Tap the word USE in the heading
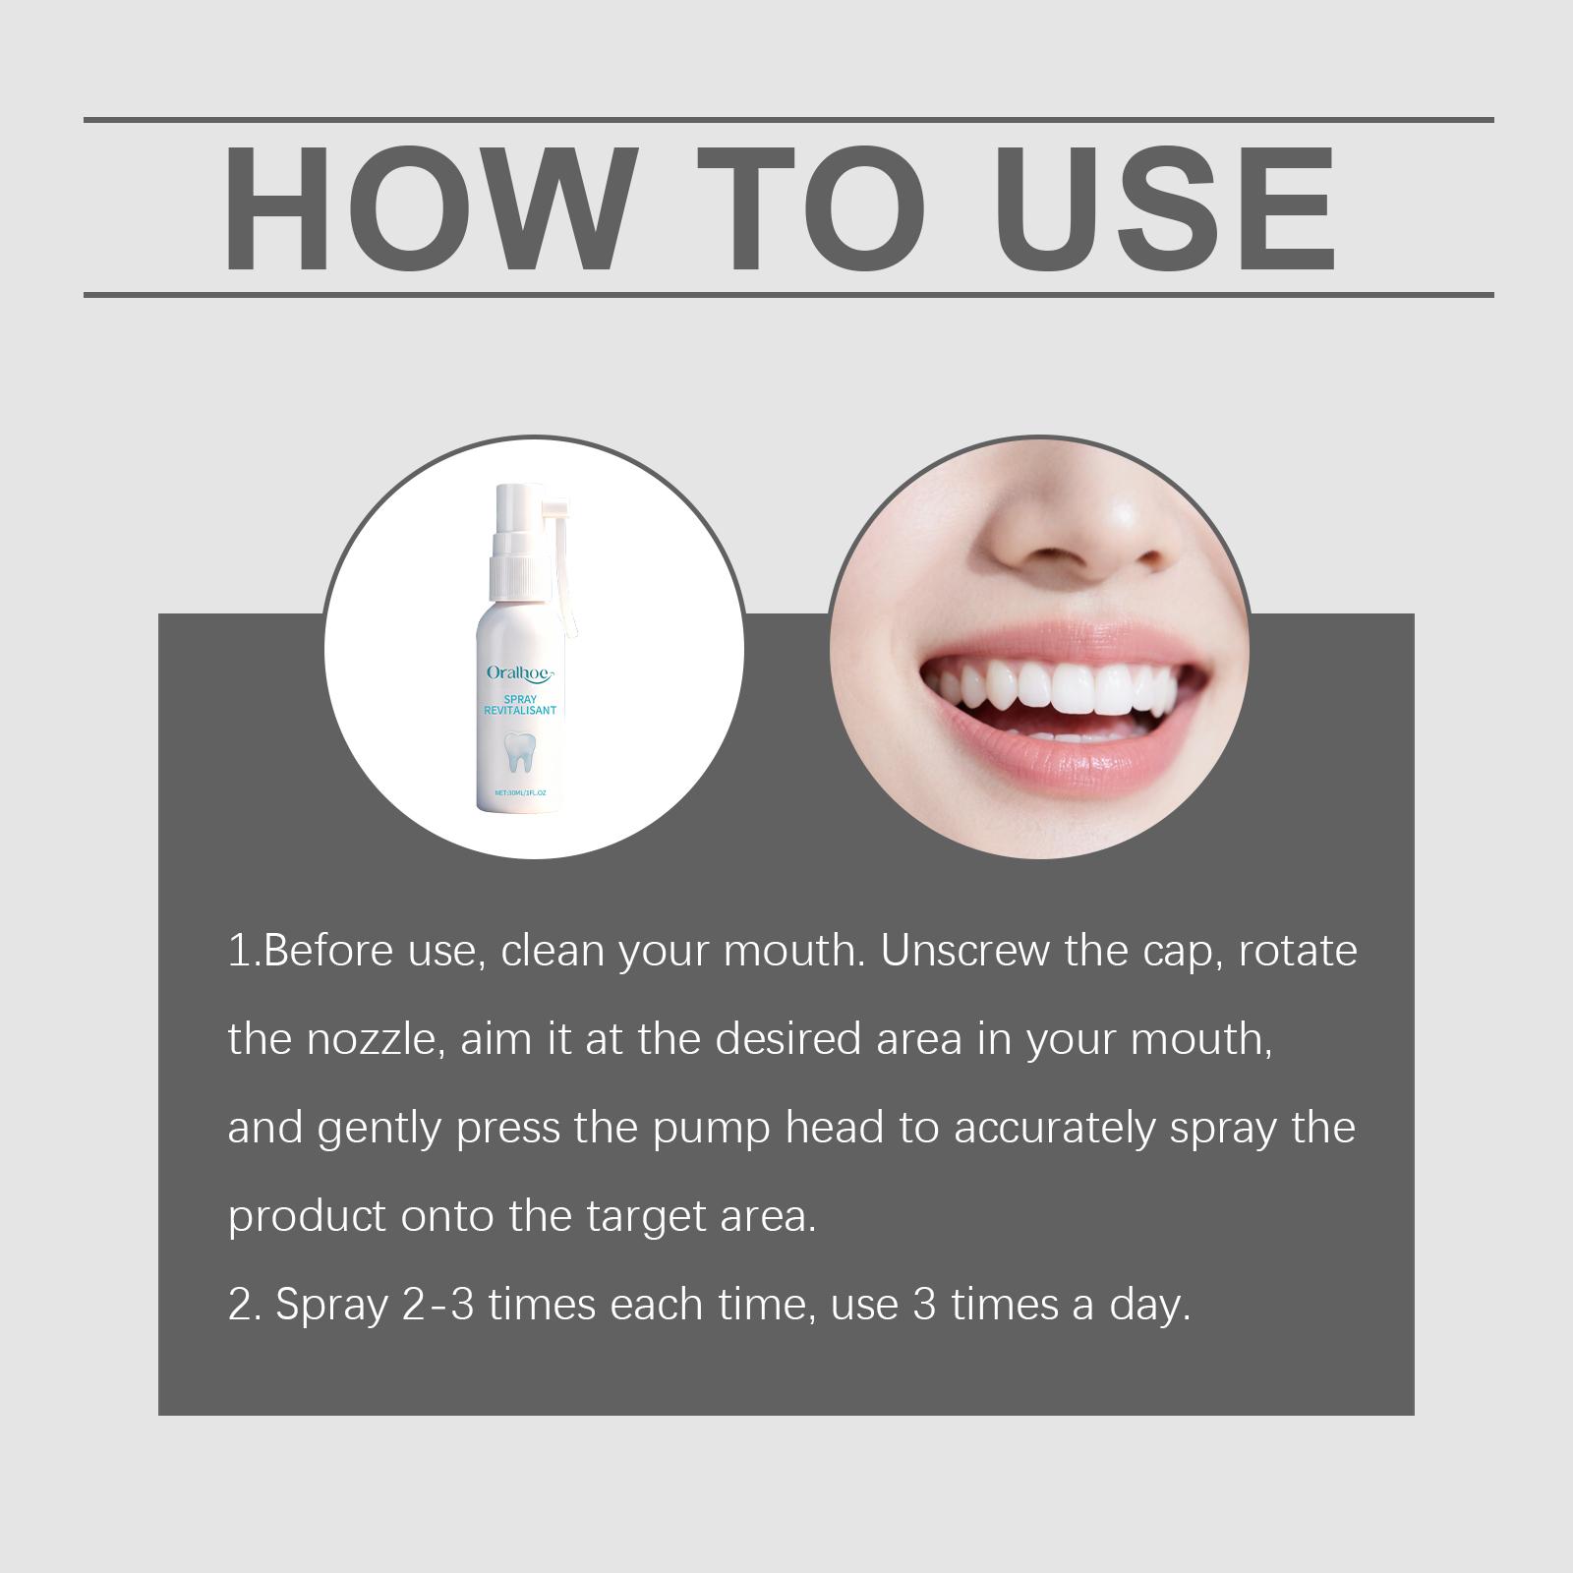1169,208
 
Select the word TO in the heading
812,208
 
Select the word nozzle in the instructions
371,1039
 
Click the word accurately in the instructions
1054,1129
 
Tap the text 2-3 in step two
438,1305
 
